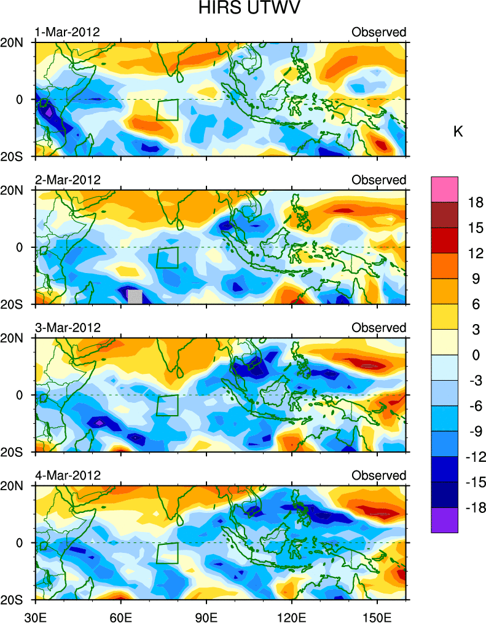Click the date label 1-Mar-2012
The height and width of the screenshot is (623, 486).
(x=67, y=32)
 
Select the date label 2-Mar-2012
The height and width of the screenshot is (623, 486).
(x=67, y=180)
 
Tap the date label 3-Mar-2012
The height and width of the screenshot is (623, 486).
(x=67, y=327)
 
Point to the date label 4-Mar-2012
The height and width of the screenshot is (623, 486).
(x=67, y=475)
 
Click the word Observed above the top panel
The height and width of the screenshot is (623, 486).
(x=378, y=32)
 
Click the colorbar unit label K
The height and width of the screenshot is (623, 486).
(x=458, y=132)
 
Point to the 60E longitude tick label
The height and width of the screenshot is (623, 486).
(x=121, y=614)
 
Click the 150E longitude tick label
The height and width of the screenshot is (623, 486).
(x=377, y=614)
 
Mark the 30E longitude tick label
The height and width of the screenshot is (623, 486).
(x=35, y=614)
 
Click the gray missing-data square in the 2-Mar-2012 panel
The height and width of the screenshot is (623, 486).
(x=135, y=296)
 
